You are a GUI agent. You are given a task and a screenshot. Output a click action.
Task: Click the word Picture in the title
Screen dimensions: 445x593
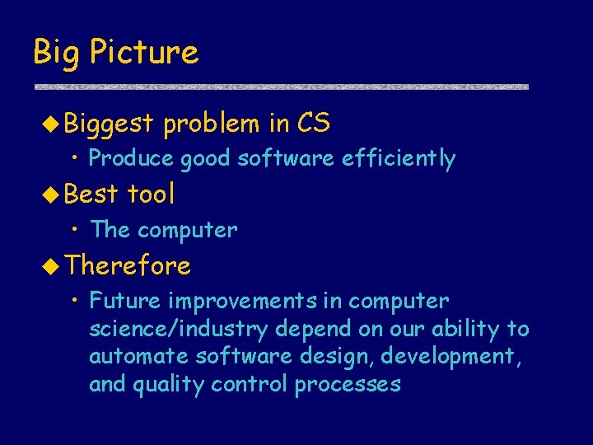(x=144, y=53)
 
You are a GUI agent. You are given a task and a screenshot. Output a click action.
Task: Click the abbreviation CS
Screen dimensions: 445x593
(x=313, y=124)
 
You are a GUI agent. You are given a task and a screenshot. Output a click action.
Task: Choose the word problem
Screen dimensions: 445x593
(x=211, y=124)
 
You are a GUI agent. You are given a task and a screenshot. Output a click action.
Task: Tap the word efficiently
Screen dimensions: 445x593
(x=399, y=158)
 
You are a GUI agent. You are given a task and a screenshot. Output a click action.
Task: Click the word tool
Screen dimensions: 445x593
(x=151, y=194)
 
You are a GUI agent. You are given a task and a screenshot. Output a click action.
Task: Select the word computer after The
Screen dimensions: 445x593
(x=187, y=230)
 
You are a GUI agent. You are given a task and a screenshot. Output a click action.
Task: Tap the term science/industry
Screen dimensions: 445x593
(x=179, y=330)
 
